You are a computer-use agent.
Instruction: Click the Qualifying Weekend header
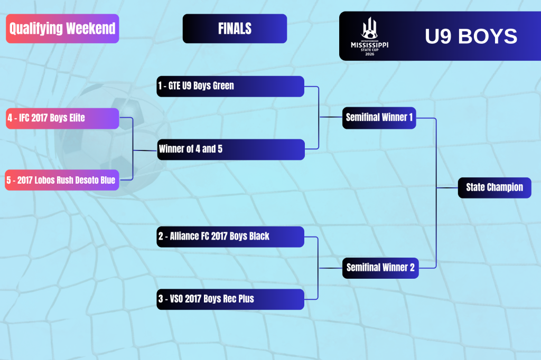[62, 29]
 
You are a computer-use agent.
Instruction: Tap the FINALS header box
[235, 29]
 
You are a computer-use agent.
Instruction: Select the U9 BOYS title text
[471, 36]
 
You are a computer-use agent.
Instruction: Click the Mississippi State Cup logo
[369, 36]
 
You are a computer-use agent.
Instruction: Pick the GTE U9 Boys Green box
[230, 86]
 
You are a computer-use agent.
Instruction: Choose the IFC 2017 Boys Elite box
[62, 118]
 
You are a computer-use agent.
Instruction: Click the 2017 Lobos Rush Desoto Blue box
[62, 180]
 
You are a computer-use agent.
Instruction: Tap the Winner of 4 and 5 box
[231, 149]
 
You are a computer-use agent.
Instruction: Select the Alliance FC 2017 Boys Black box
[230, 237]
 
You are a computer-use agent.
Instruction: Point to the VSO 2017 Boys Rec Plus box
[230, 299]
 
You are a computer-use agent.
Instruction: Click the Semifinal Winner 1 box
[379, 118]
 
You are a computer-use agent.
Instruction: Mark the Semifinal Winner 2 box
[380, 268]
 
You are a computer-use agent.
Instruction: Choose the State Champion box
[495, 187]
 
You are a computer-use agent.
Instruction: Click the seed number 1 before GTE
[160, 86]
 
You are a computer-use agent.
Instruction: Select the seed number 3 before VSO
[161, 299]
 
